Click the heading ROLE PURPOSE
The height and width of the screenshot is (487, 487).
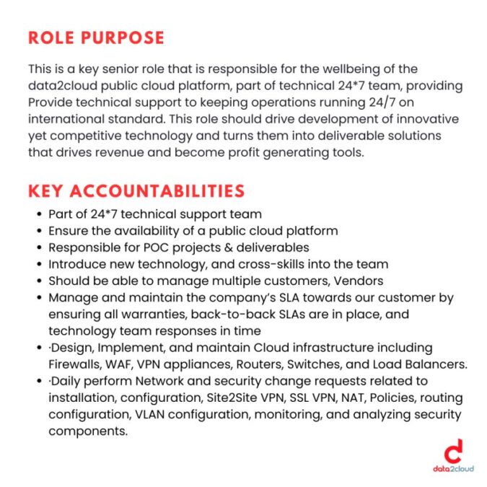coord(96,38)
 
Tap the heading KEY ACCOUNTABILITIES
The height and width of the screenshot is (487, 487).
coord(136,191)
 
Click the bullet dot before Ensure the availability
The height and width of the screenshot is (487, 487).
coord(39,231)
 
